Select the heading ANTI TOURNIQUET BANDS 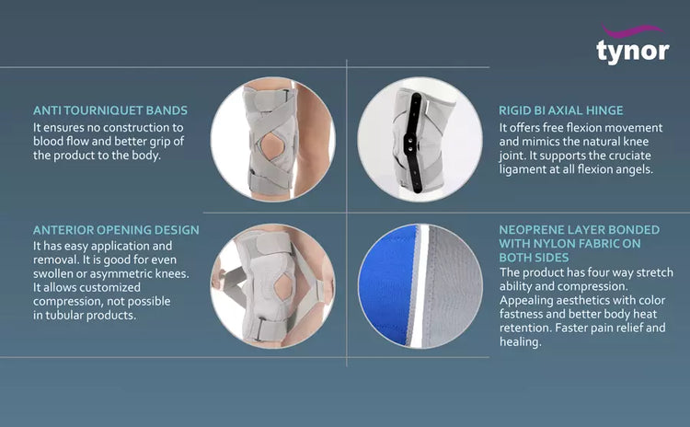pos(110,110)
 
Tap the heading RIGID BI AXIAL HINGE pos(561,110)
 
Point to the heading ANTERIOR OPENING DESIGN pos(116,230)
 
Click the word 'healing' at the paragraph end pos(521,341)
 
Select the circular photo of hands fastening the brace pos(273,286)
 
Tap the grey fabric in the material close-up pos(451,285)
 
